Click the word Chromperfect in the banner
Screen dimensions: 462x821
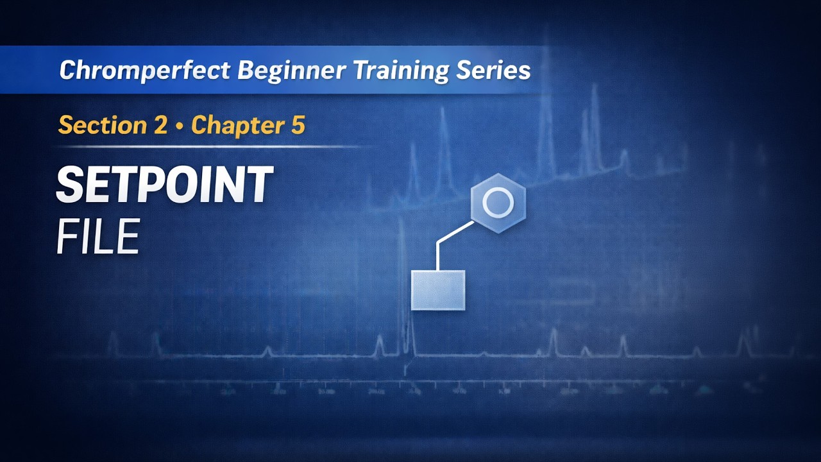coord(146,70)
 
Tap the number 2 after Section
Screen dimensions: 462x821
coord(160,125)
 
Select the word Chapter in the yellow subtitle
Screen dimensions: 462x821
coord(233,125)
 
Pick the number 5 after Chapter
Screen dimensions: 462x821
coord(298,125)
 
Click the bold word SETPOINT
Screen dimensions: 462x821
coord(164,185)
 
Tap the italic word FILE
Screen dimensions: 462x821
coord(97,237)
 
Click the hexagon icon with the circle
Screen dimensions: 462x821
coord(498,203)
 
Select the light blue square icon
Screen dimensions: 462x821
coord(438,290)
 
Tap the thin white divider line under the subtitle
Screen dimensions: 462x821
coord(212,147)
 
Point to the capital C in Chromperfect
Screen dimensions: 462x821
coord(68,70)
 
